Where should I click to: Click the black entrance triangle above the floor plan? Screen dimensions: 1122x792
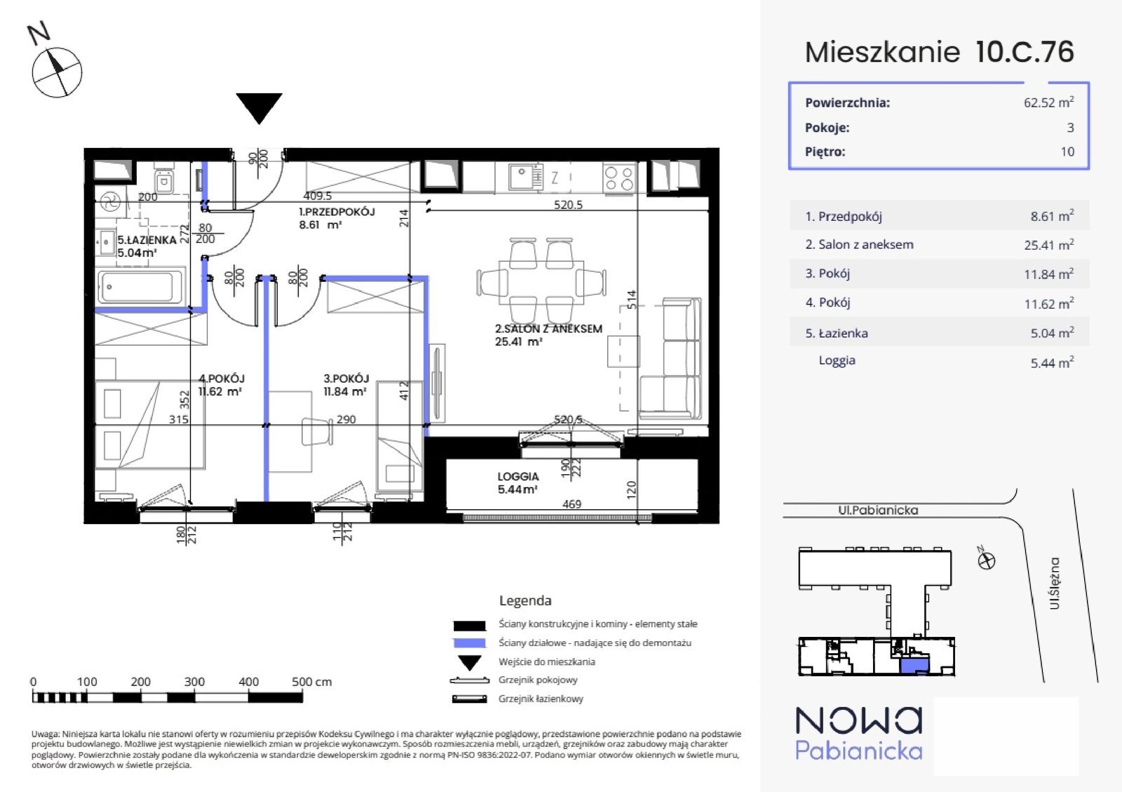(259, 106)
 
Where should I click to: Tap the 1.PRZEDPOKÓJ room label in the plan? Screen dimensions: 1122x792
(337, 212)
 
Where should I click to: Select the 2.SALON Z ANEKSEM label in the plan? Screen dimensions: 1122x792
(548, 329)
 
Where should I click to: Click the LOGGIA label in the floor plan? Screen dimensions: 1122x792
(518, 476)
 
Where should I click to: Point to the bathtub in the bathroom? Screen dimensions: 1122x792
(141, 286)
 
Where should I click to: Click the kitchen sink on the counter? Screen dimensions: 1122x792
(525, 177)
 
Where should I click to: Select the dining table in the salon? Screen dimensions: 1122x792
(541, 282)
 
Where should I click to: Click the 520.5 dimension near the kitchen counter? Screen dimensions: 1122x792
(568, 204)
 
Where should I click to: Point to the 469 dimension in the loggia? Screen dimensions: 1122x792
(572, 504)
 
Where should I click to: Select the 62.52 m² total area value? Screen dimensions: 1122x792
(1049, 102)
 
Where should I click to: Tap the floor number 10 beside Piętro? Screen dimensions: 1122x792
(1067, 152)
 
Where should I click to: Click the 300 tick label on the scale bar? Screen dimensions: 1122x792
(194, 682)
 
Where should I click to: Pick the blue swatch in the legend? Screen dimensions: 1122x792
(469, 643)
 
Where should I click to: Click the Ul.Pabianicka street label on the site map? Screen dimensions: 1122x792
(878, 510)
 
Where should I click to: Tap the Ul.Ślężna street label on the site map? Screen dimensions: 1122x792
(1055, 584)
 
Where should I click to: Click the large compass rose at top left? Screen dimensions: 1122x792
(57, 72)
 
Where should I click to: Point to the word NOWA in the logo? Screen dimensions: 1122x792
(858, 721)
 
